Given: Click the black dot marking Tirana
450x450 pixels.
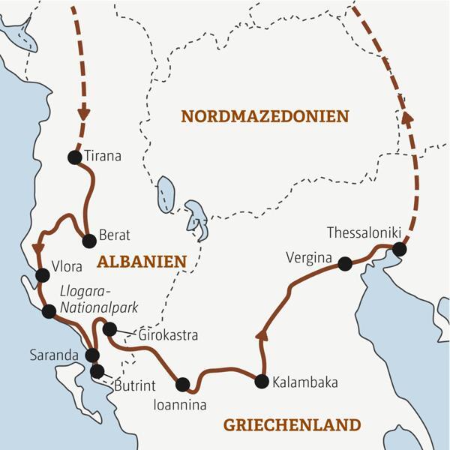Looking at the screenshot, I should point(73,157).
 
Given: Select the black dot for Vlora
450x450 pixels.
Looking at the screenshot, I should point(42,275).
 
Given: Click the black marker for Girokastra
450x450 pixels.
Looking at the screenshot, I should point(109,328).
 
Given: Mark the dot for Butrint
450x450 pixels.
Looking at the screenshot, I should point(97,370).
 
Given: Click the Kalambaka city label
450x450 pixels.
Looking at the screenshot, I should point(304,382).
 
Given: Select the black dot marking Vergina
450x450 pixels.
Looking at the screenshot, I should point(344,263).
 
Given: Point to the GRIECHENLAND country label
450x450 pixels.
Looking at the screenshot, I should point(292,425).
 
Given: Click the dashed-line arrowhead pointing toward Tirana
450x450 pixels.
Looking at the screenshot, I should point(83,117).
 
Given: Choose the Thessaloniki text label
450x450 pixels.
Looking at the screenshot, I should point(366,232).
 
